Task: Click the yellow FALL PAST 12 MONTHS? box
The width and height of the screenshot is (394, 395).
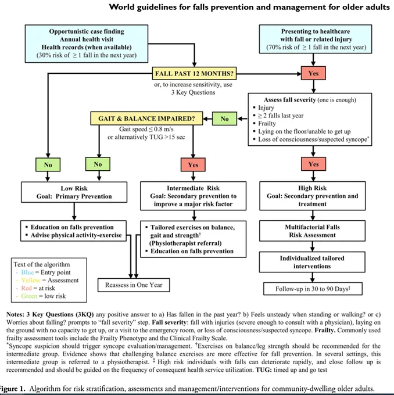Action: tap(194, 73)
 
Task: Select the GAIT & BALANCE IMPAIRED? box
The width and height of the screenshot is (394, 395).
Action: tap(146, 119)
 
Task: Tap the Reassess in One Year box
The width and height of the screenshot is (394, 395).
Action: tap(134, 285)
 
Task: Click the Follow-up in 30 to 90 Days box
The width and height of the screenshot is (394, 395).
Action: tap(313, 289)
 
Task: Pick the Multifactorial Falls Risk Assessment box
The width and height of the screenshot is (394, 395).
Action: tap(312, 231)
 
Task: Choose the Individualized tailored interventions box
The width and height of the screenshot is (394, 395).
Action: tap(312, 262)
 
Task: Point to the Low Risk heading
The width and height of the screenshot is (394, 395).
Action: tap(74, 188)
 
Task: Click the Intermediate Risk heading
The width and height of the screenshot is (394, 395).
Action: tap(193, 188)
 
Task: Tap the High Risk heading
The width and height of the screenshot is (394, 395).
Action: tap(312, 188)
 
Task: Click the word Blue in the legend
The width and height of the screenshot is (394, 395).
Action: tap(27, 272)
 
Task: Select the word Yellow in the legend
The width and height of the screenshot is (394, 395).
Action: tap(31, 280)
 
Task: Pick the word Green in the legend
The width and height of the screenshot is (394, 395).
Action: tap(29, 296)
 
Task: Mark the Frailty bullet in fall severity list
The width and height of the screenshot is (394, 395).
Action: tap(267, 123)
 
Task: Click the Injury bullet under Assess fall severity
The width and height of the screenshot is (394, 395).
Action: tap(266, 107)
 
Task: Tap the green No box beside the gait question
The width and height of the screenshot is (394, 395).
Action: tap(224, 119)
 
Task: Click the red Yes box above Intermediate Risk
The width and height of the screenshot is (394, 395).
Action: tap(193, 165)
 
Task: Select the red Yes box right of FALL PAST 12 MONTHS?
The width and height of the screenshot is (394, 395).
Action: tap(313, 73)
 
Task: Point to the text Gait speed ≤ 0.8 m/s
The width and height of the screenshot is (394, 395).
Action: tap(146, 129)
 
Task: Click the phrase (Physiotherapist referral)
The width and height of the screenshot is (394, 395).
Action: tap(185, 243)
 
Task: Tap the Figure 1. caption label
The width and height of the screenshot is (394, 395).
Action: tap(13, 389)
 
